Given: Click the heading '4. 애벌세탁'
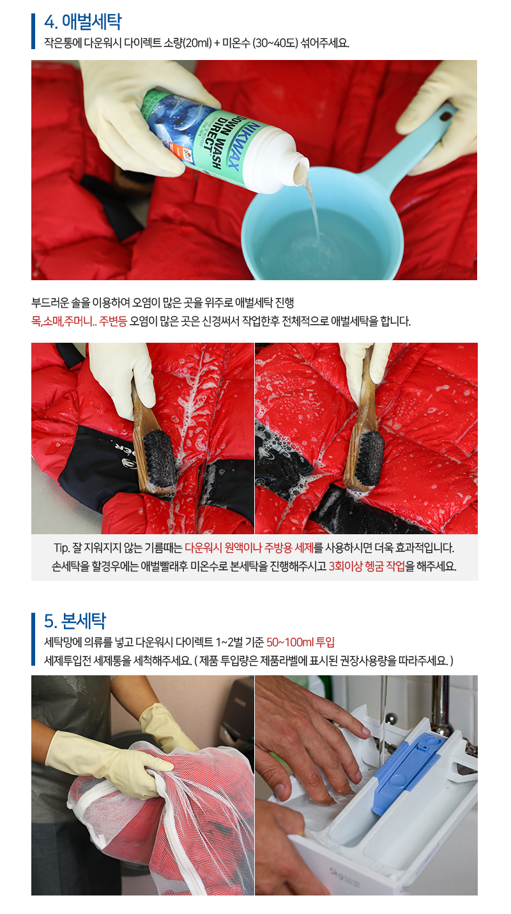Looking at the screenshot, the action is [82, 22].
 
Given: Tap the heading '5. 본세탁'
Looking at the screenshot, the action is [75, 620].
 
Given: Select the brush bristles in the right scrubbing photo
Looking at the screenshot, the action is [370, 460].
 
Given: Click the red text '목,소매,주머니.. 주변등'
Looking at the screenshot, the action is [79, 322].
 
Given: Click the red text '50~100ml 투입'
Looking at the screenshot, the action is [300, 642].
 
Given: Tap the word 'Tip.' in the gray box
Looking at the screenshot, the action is [62, 548].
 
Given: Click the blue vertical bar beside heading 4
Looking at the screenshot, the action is [33, 31].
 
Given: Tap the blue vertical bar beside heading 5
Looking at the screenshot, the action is [33, 639].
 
